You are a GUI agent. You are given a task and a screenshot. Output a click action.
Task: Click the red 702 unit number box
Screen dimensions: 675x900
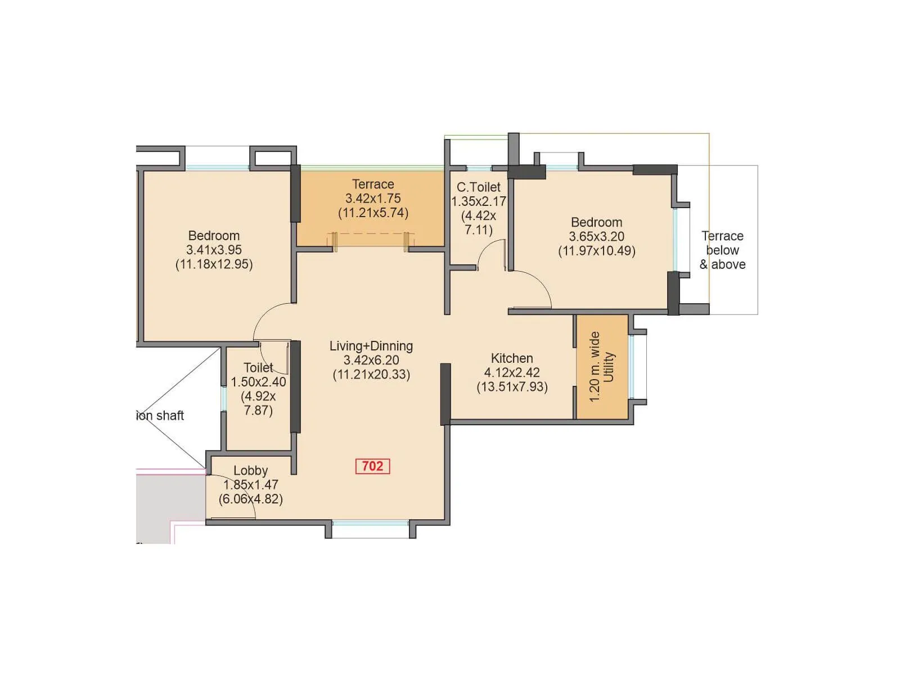(372, 466)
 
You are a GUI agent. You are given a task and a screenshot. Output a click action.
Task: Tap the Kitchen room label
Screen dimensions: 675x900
(512, 358)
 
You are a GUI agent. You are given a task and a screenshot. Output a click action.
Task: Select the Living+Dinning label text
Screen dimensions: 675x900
(371, 346)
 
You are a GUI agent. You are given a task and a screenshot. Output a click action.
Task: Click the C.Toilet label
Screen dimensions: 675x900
(478, 187)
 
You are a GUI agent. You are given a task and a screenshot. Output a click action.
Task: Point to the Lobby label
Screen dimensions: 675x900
(250, 470)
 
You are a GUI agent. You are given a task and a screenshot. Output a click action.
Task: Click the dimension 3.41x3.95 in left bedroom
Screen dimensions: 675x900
(214, 250)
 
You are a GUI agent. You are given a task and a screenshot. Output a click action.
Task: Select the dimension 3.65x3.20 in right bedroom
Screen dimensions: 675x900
(596, 236)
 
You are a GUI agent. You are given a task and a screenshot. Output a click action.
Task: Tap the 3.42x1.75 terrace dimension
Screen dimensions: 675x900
(373, 198)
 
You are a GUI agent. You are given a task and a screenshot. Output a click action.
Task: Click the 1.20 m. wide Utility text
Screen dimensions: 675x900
(602, 367)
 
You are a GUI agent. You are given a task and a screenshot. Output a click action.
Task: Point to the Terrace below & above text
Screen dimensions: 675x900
(722, 250)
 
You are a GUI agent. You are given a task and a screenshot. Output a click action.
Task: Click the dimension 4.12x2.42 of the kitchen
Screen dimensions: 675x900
(512, 372)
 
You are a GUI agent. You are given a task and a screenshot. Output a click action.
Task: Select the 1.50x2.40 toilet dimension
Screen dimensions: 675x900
(258, 381)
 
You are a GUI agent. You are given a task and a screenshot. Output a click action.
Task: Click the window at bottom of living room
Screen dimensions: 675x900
(370, 524)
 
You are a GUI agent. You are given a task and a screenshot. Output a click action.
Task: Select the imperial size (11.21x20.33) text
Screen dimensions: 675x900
(371, 375)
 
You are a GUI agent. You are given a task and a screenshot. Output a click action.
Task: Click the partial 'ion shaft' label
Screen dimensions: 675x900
(160, 416)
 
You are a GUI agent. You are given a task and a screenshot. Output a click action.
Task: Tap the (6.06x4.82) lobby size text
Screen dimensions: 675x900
(250, 499)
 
